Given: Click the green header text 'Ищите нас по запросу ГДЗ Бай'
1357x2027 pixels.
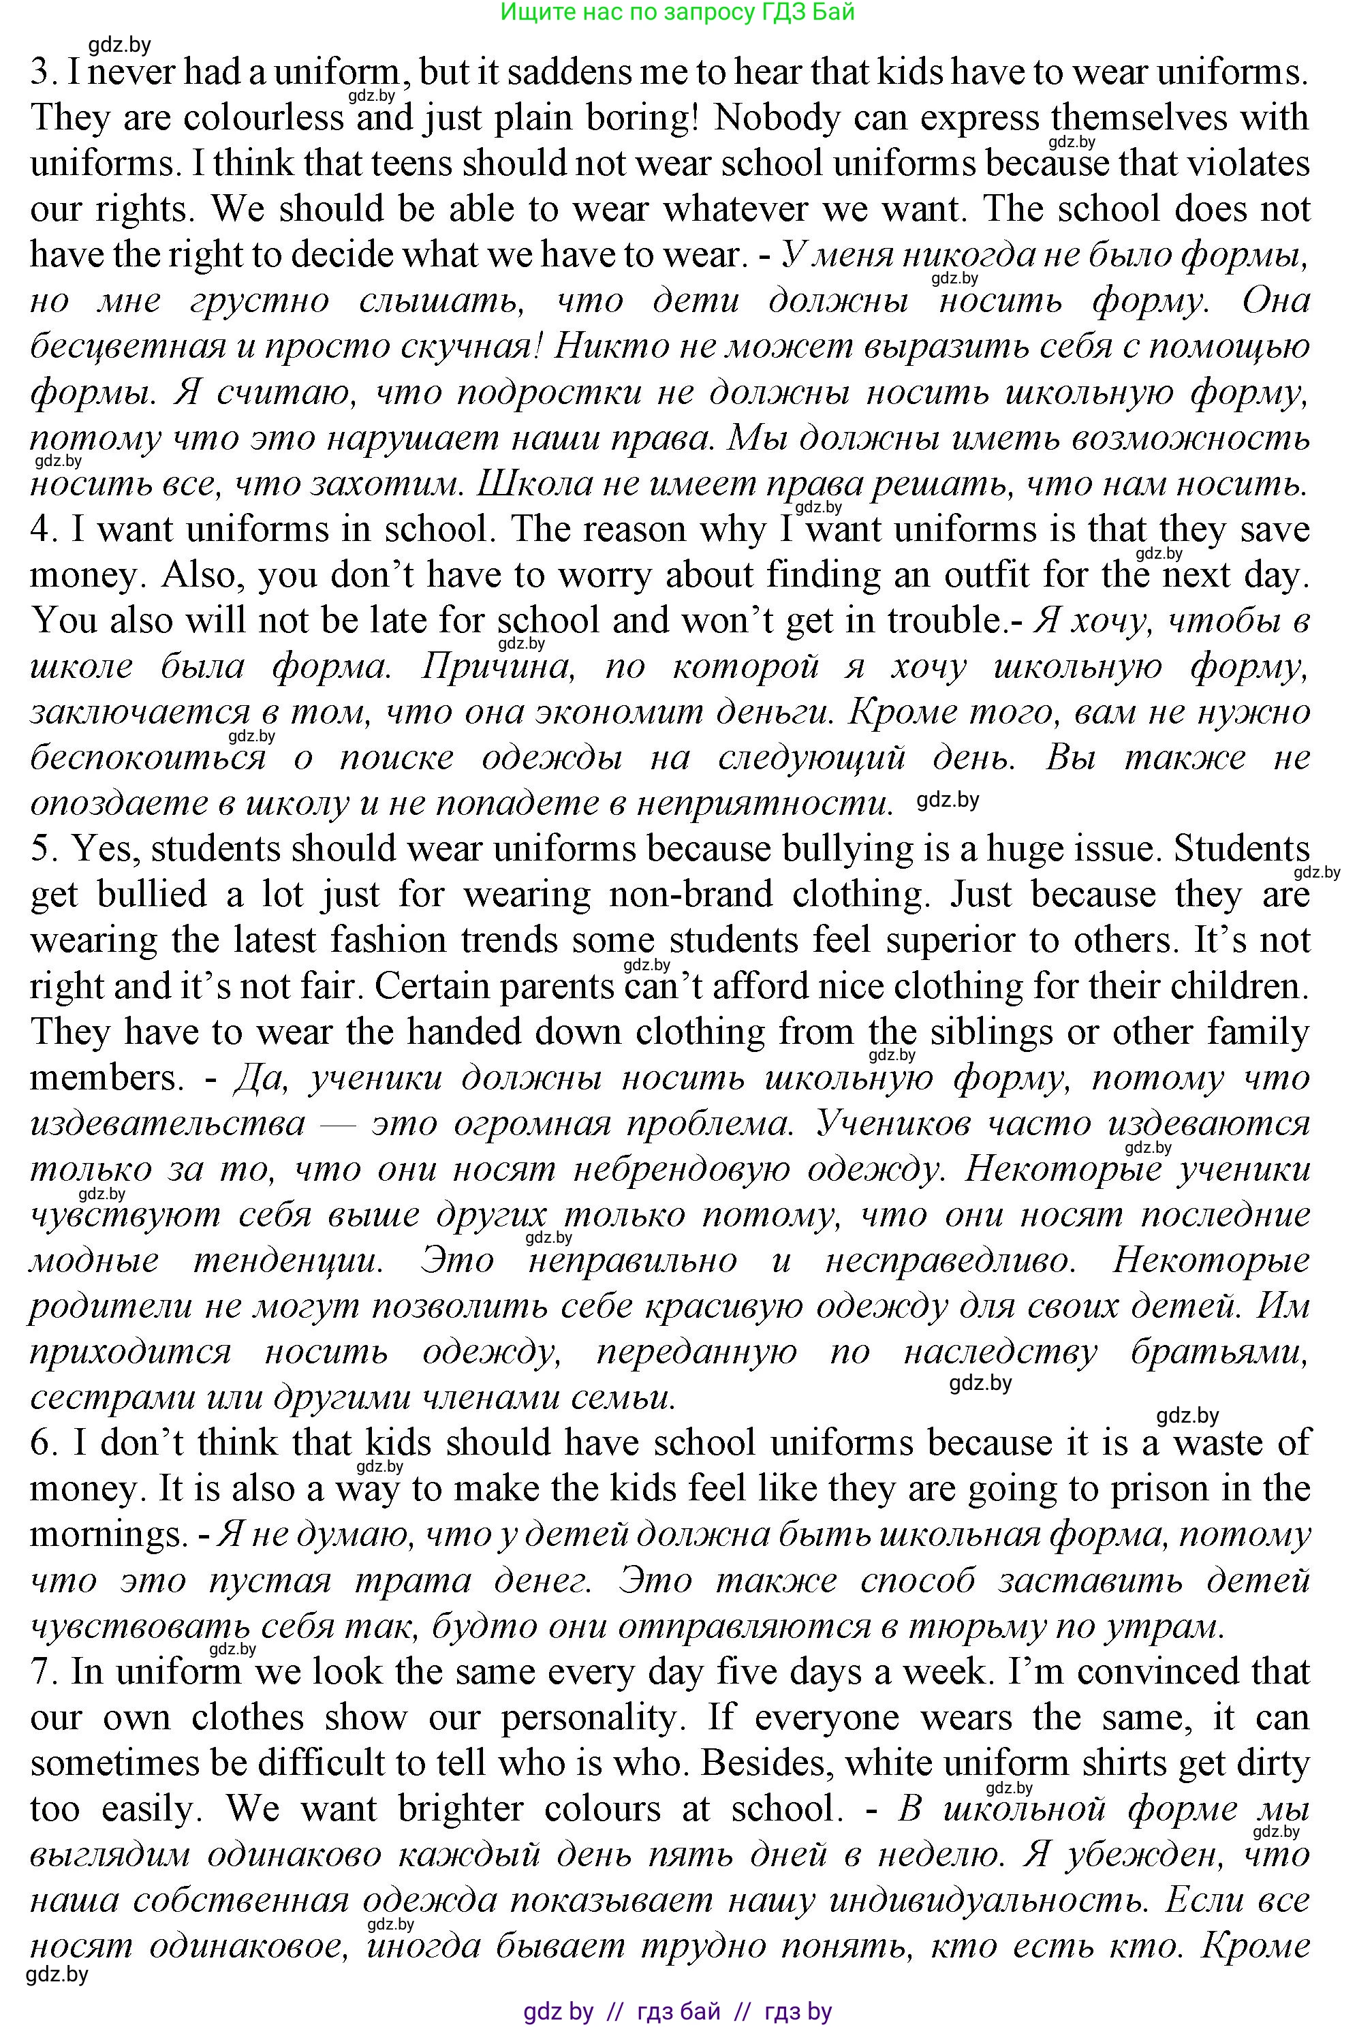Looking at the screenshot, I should [678, 12].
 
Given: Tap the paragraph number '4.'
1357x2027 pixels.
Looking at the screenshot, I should [44, 529].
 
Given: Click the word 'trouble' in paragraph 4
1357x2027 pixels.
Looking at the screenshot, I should [942, 621].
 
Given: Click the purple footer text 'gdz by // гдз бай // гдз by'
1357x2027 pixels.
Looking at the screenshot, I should [678, 2011].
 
